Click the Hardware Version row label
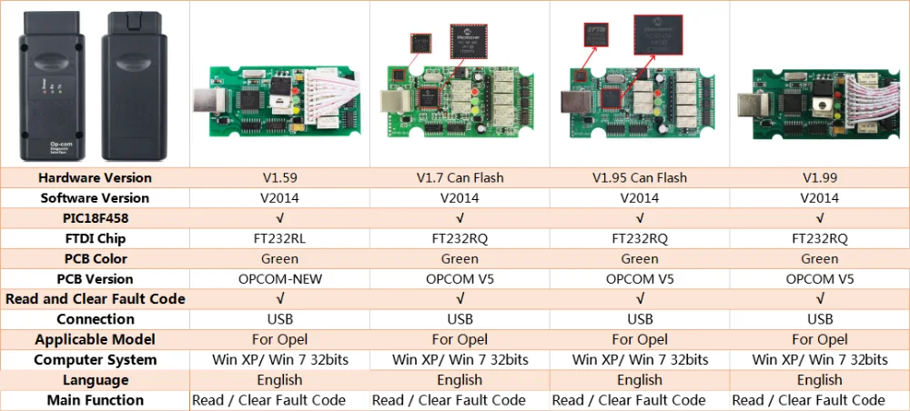pos(96,177)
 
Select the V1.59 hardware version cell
pos(279,177)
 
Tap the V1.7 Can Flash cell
pos(460,177)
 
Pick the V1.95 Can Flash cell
pos(640,177)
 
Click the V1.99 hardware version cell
pos(820,177)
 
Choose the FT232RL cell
pos(279,238)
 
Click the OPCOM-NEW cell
pos(279,279)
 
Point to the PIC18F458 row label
pos(96,218)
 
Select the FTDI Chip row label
pos(96,238)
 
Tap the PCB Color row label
pos(96,259)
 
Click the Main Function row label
pos(96,400)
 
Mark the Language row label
pos(96,380)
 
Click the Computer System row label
pos(96,360)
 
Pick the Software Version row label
pos(96,197)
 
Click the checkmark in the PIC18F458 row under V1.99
pos(820,218)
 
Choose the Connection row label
pos(96,319)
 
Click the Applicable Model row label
pos(96,339)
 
